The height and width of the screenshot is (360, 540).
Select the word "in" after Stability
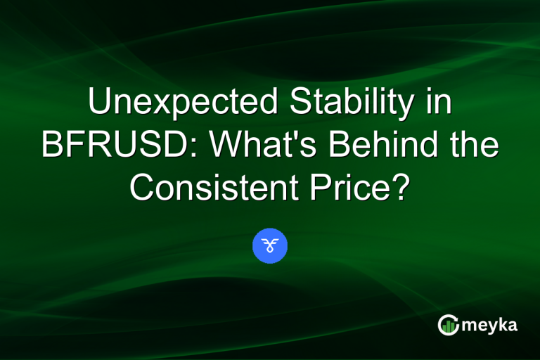pos(438,104)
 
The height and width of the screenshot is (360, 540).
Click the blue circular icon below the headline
pos(270,246)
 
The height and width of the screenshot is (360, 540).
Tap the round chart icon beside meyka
pos(448,324)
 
